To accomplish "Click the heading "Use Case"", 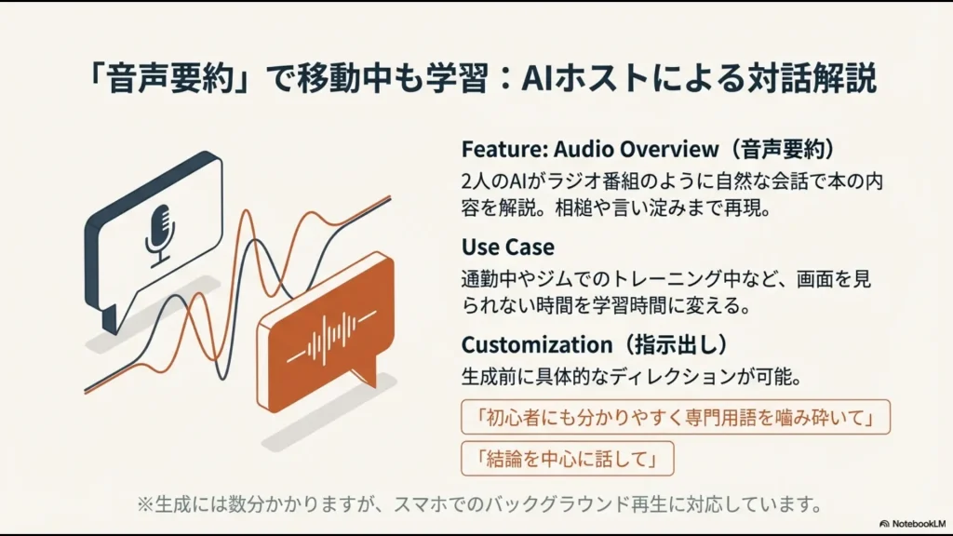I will (x=507, y=247).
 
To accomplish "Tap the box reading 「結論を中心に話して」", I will (x=567, y=459).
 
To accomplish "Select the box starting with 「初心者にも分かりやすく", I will (x=676, y=417).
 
